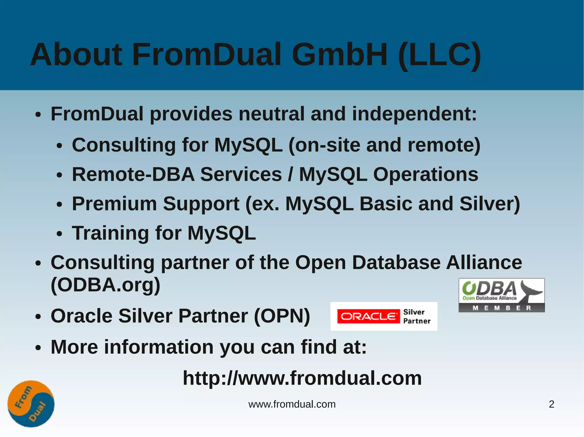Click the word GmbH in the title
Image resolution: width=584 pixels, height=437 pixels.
pos(339,55)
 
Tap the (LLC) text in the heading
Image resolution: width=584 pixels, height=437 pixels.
pos(439,56)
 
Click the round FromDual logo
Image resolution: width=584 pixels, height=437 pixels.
pos(31,404)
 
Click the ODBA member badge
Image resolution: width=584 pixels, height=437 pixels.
pos(501,295)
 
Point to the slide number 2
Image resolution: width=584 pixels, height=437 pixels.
pos(551,404)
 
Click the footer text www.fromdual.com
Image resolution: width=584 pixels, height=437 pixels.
pos(292,404)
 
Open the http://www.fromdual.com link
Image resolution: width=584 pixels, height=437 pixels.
pos(302,378)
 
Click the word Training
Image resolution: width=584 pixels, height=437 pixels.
pos(110,233)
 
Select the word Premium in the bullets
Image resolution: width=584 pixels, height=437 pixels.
pos(114,204)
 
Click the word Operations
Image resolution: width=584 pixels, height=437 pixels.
pos(425,174)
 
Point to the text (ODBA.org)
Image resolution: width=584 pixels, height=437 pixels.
pos(105,285)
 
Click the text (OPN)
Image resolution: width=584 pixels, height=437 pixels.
pos(282,316)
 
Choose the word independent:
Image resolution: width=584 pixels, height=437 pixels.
pos(414,114)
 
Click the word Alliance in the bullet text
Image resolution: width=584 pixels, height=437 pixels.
pos(484,262)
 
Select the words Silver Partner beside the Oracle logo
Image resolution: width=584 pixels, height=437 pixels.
pos(417,316)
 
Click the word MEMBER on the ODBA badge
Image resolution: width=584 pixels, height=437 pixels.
pos(501,308)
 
